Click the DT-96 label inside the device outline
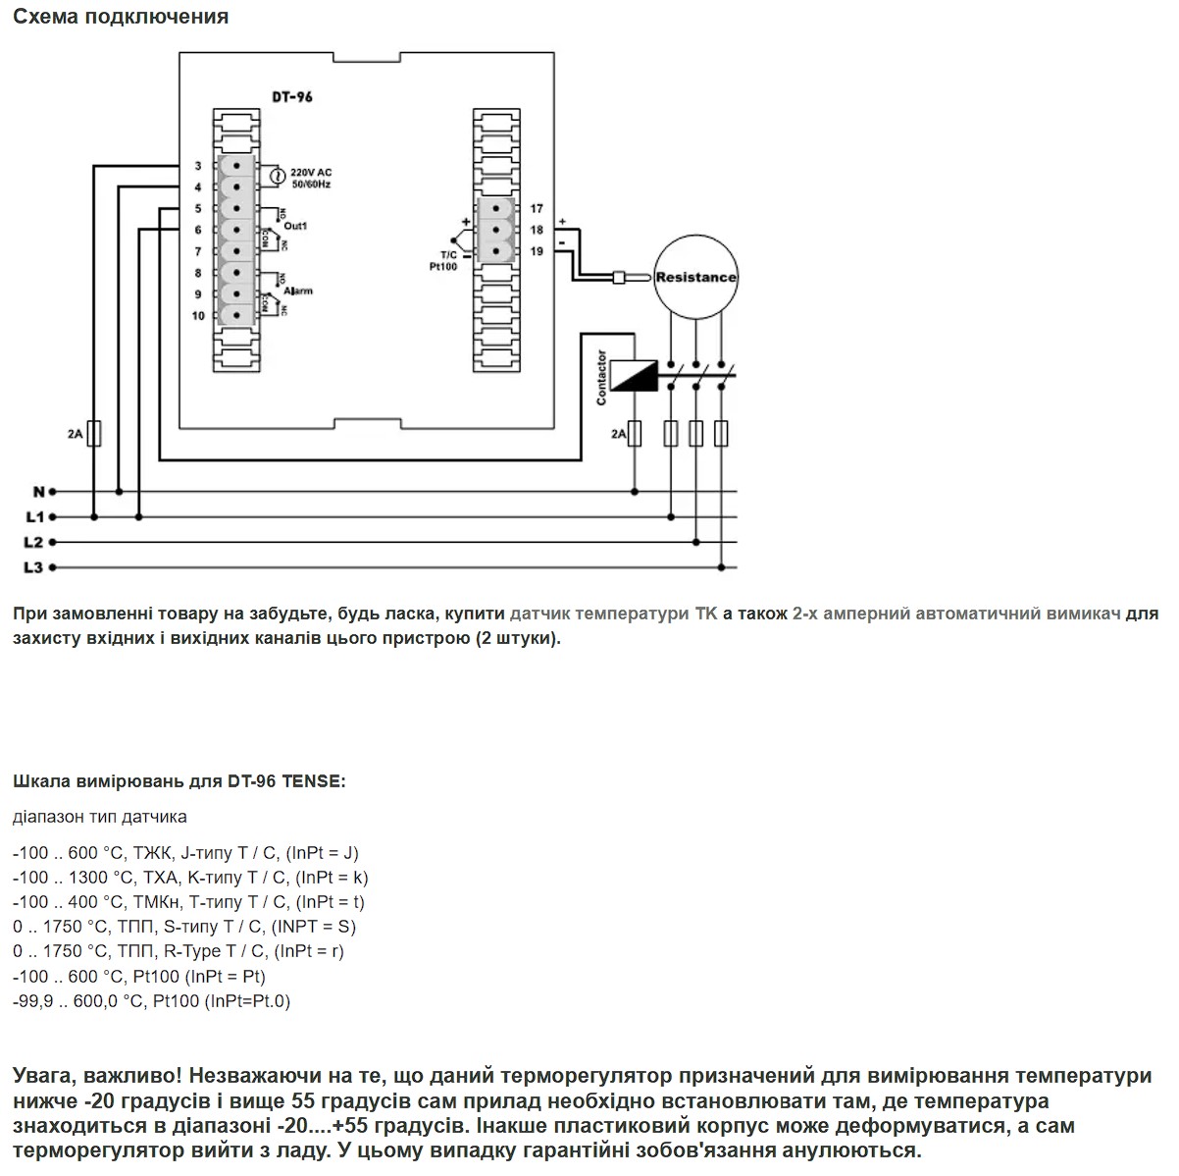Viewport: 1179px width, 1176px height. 292,97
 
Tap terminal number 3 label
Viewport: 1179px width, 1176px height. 197,166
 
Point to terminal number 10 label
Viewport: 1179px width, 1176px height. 197,316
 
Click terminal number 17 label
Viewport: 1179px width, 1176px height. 536,209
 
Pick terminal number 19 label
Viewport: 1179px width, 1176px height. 536,251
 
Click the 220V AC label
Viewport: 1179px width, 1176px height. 311,173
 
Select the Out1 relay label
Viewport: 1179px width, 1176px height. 295,226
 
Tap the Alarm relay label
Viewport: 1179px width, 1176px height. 298,291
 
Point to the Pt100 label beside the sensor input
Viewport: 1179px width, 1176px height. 443,266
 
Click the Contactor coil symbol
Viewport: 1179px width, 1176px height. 634,375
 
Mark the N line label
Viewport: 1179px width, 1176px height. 38,491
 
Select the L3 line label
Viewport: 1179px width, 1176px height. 33,567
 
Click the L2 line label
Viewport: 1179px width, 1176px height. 33,542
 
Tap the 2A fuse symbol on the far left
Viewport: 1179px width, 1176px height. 93,434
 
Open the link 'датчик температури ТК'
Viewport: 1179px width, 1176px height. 613,614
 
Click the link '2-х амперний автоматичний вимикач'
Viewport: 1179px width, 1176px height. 956,614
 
